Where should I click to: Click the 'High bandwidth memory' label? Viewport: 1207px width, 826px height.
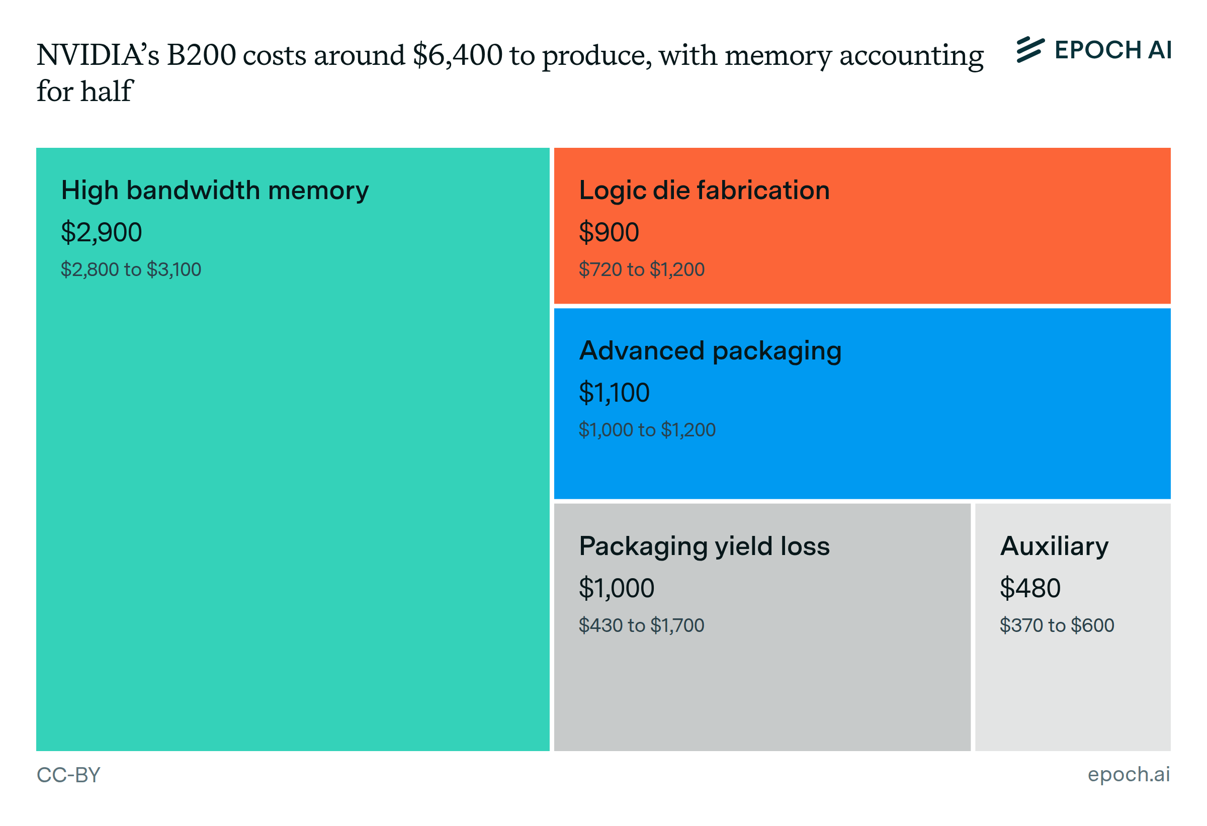215,191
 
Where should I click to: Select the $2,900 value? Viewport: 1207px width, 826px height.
101,232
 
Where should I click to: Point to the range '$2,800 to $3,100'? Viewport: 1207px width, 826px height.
131,269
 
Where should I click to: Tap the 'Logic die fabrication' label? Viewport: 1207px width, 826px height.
704,191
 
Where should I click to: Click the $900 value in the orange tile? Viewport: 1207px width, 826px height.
609,232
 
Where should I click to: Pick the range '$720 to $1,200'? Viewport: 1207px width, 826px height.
641,269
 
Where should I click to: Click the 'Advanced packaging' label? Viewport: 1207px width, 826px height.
710,351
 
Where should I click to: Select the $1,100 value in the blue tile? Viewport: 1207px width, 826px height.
614,393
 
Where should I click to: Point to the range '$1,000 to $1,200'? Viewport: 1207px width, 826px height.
647,430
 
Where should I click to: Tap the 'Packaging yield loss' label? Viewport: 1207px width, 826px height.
704,546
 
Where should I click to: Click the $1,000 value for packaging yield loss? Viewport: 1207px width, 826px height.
617,588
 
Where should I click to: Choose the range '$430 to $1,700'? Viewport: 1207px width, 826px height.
641,625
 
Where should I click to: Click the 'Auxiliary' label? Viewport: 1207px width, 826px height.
1054,546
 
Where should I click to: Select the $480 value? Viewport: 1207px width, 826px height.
1030,588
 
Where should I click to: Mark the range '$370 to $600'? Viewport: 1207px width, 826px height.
1057,625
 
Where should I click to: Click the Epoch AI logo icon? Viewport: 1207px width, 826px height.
1030,50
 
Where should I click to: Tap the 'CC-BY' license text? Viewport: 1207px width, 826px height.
68,775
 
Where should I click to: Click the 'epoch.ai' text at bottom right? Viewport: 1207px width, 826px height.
1129,774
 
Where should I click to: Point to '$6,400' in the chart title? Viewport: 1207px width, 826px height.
458,55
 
